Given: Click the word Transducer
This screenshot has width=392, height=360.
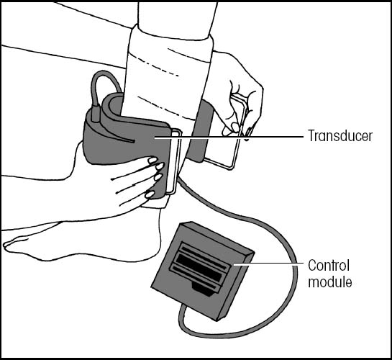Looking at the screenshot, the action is tap(340, 136).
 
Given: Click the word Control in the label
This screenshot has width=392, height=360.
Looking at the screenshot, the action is tap(329, 266).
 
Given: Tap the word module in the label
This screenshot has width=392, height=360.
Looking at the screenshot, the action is tap(330, 282).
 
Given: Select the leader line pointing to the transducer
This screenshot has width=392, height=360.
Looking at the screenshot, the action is tap(229, 137).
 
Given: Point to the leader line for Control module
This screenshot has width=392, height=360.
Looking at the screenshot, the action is tap(268, 264).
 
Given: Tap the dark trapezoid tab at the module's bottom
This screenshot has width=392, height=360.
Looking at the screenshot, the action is tap(203, 289).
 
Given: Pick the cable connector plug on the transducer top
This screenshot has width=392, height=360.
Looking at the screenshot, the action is tap(96, 114).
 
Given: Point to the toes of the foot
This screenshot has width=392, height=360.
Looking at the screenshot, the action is tap(15, 243).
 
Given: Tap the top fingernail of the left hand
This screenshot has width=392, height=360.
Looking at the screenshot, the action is tap(152, 160).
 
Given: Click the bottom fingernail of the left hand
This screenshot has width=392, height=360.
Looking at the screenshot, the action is tap(150, 194).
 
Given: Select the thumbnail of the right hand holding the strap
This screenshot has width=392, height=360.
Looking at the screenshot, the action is tap(235, 127).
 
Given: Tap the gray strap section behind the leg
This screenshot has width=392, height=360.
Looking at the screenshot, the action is tap(200, 131).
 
